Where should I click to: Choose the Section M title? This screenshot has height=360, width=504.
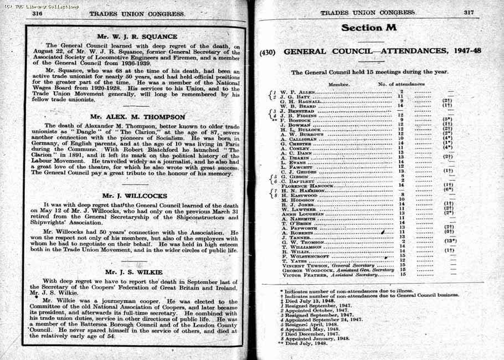pyautogui.click(x=368, y=28)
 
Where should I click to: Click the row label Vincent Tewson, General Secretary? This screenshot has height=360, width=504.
pyautogui.click(x=328, y=265)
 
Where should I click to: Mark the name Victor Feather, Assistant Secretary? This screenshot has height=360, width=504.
pyautogui.click(x=330, y=274)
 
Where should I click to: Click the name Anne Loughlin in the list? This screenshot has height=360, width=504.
pyautogui.click(x=302, y=214)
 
